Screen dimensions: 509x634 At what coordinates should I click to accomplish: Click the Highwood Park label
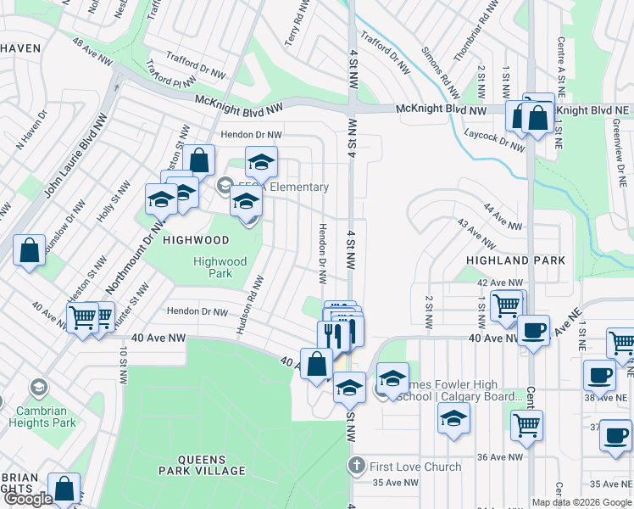coord(220,267)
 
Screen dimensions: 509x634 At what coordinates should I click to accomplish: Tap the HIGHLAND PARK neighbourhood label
coord(509,260)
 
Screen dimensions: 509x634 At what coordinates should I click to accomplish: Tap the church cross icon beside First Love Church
coord(357,466)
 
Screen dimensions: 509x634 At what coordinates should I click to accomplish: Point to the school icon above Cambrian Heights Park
coord(37,388)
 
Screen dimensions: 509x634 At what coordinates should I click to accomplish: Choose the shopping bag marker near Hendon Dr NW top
coord(198,159)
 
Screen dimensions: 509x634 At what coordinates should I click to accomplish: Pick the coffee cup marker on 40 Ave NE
coord(532,329)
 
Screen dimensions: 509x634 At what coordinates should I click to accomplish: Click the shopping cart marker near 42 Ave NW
coord(507,305)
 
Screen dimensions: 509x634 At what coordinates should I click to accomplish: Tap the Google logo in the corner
coord(28,499)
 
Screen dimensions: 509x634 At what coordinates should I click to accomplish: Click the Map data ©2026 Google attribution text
coord(581,502)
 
